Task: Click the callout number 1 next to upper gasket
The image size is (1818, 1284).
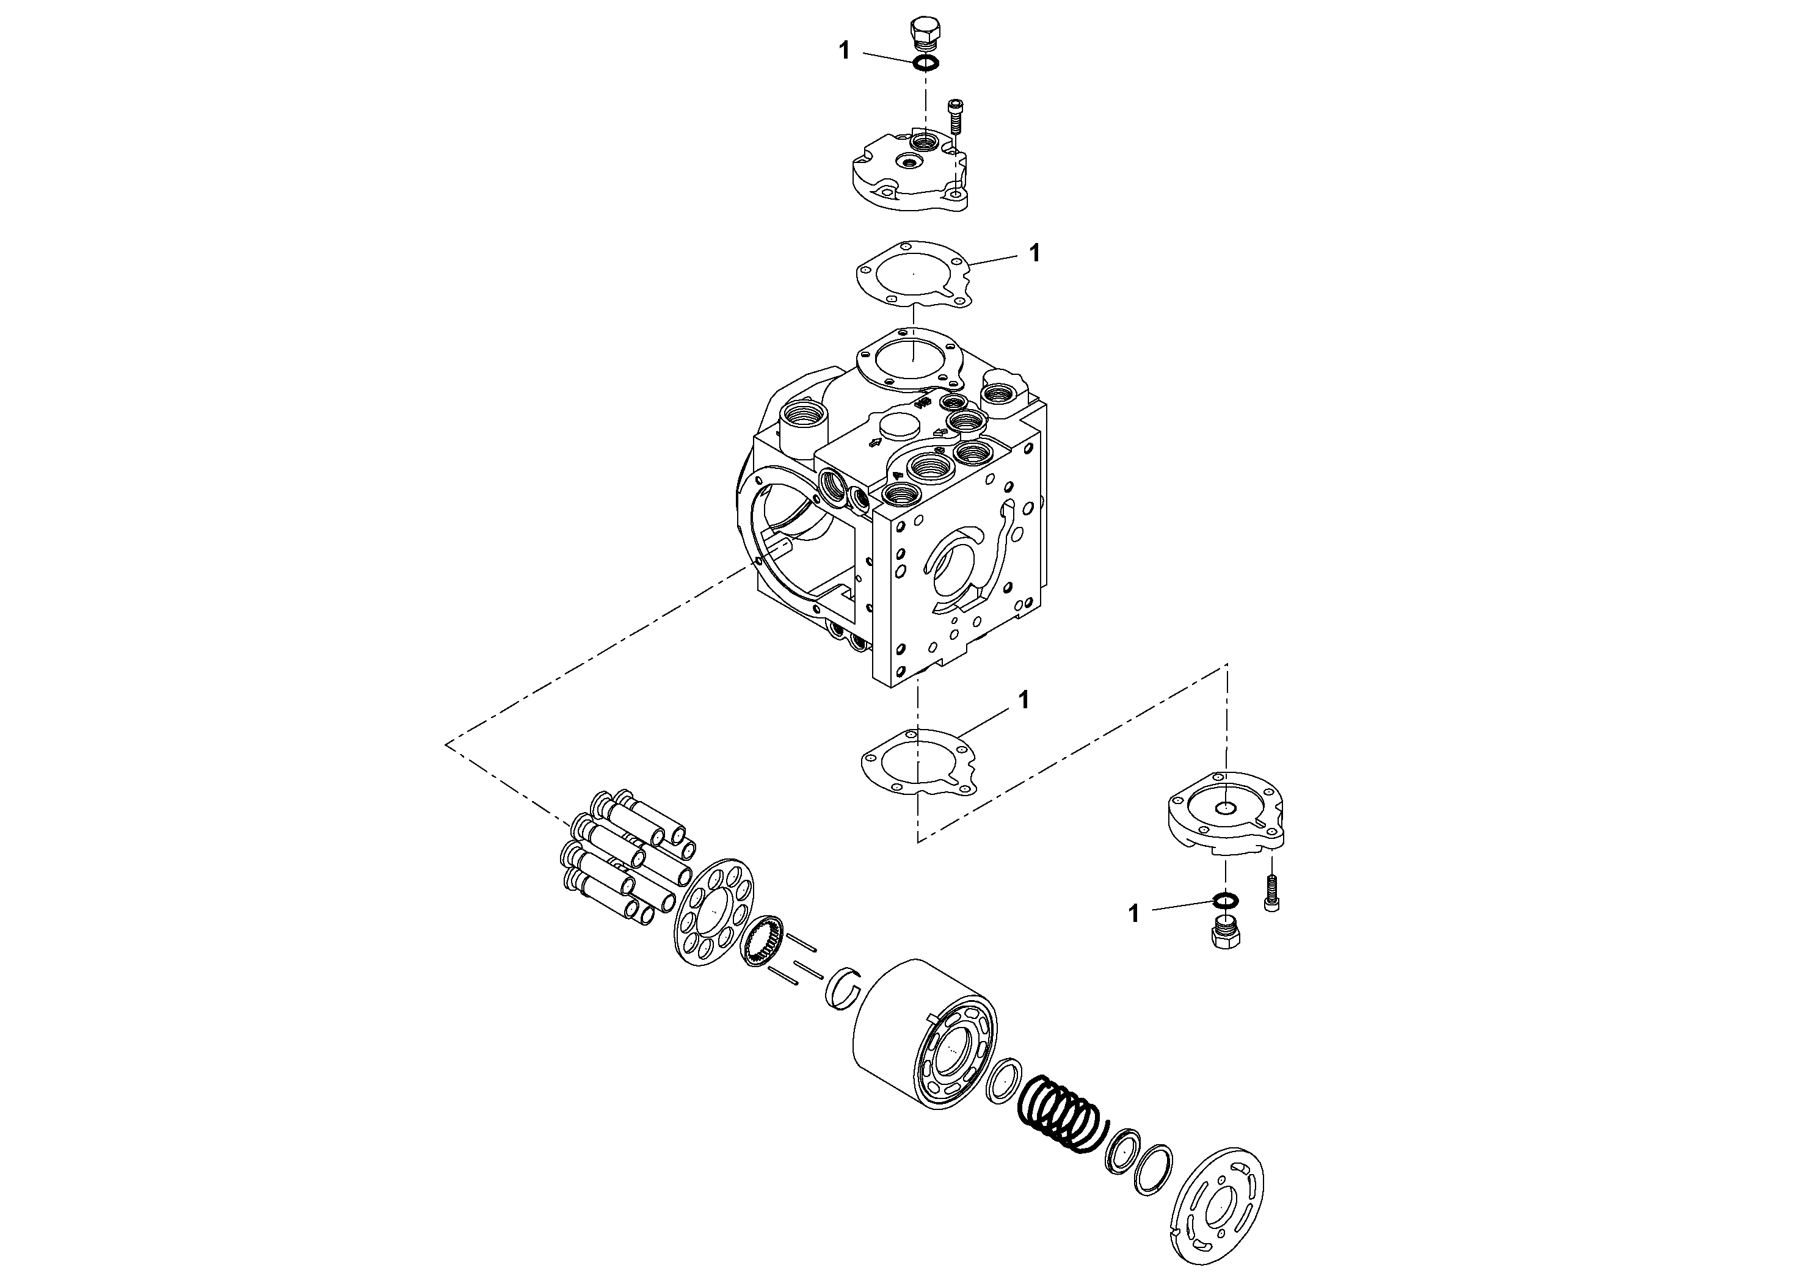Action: pos(1034,253)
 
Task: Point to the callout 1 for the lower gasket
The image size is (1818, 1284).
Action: pos(1023,700)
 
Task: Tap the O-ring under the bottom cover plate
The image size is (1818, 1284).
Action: pos(1225,900)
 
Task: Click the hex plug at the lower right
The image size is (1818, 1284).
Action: pos(1226,934)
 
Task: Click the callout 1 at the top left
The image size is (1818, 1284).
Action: pos(844,51)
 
